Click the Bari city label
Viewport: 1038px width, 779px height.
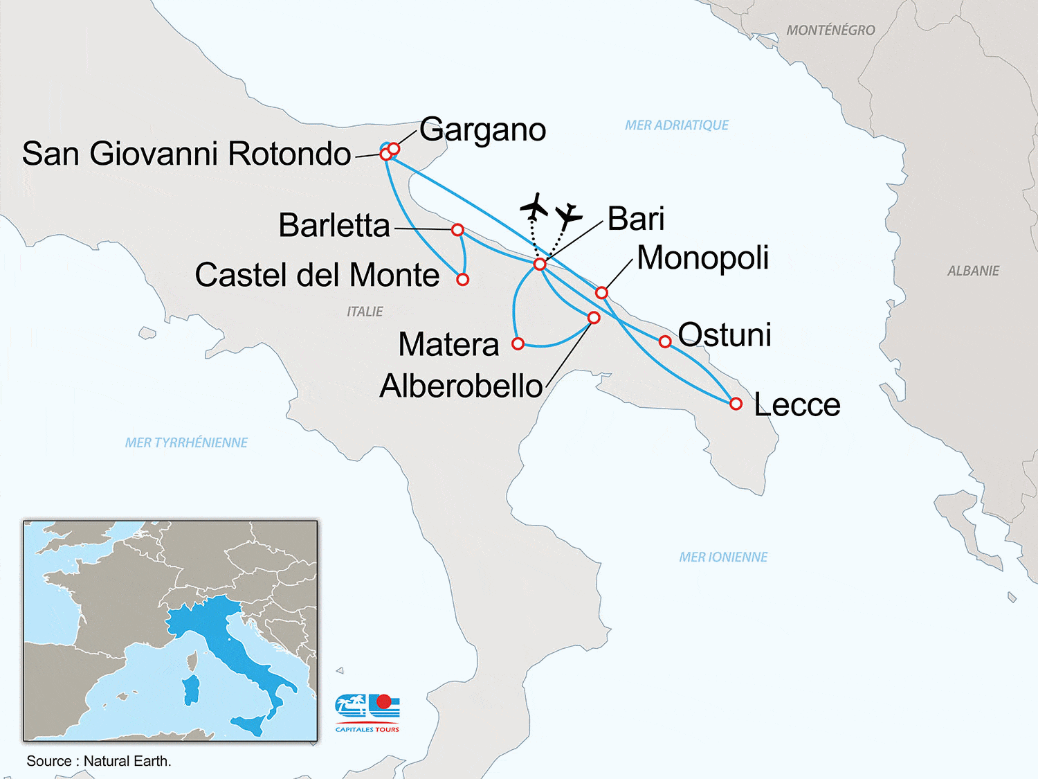pyautogui.click(x=636, y=220)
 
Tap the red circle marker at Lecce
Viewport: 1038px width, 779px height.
pyautogui.click(x=736, y=403)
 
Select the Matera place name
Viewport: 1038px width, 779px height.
pyautogui.click(x=448, y=344)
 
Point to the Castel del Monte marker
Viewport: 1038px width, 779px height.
pyautogui.click(x=463, y=279)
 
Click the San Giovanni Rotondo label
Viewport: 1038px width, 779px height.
pyautogui.click(x=186, y=154)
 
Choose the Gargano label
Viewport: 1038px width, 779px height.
pyautogui.click(x=482, y=130)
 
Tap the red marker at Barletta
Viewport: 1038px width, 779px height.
pyautogui.click(x=457, y=229)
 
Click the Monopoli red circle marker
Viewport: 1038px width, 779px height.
pyautogui.click(x=601, y=293)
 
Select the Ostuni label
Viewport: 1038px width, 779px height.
pyautogui.click(x=725, y=335)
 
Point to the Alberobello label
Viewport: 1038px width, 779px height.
pyautogui.click(x=461, y=386)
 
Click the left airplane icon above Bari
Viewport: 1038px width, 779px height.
pyautogui.click(x=534, y=206)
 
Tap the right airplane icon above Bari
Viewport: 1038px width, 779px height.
pyautogui.click(x=569, y=216)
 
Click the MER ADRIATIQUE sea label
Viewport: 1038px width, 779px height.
pyautogui.click(x=676, y=125)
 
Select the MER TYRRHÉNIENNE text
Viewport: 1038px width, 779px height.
pyautogui.click(x=186, y=442)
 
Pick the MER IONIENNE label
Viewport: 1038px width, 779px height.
pyautogui.click(x=723, y=557)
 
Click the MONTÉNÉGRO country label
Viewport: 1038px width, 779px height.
pyautogui.click(x=830, y=30)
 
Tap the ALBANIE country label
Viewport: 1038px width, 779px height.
pyautogui.click(x=973, y=271)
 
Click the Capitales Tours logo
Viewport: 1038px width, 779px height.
pyautogui.click(x=367, y=713)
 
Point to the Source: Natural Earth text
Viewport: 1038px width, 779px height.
pyautogui.click(x=99, y=761)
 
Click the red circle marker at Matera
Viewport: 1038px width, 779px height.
pyautogui.click(x=518, y=343)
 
